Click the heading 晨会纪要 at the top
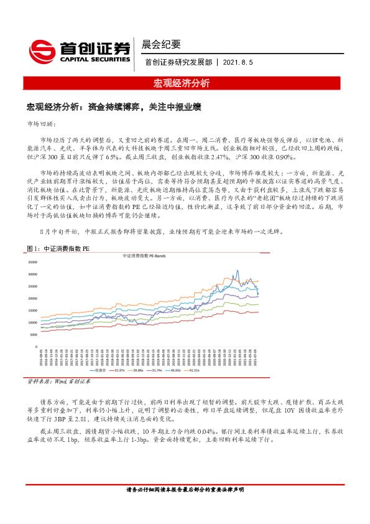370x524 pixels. click(x=161, y=44)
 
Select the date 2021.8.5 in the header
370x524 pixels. click(x=237, y=63)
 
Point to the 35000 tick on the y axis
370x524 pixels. click(x=33, y=261)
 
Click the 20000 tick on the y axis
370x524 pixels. click(x=33, y=298)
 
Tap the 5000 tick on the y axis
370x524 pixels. click(x=34, y=335)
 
